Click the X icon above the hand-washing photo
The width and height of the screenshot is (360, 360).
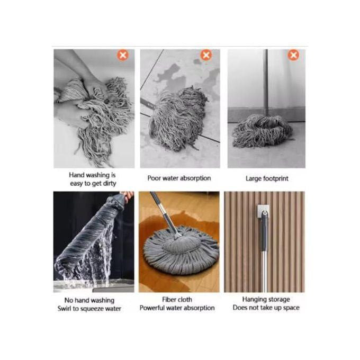click(123, 55)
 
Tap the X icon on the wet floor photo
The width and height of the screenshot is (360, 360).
click(206, 55)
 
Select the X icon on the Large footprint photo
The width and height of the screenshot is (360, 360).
click(293, 55)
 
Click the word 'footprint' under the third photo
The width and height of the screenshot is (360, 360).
click(275, 178)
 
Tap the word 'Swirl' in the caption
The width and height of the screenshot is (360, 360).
click(64, 309)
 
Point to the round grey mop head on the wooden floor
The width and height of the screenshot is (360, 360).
click(182, 250)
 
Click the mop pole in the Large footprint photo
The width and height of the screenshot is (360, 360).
click(266, 82)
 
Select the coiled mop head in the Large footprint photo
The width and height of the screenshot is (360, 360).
click(263, 131)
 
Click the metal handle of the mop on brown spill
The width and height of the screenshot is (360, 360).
click(165, 214)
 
